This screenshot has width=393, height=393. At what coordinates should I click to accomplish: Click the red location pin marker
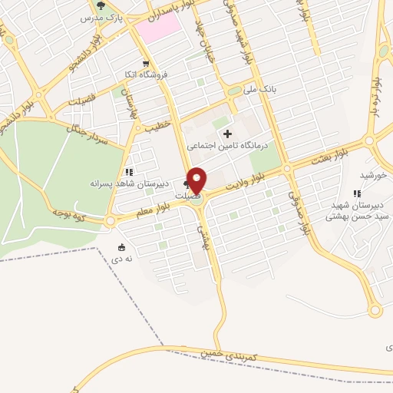point(197,180)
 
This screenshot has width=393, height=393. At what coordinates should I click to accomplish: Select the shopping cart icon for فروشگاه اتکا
point(145,64)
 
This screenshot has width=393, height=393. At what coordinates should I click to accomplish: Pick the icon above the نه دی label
point(122,248)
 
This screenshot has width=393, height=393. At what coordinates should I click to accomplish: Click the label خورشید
point(373,175)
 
